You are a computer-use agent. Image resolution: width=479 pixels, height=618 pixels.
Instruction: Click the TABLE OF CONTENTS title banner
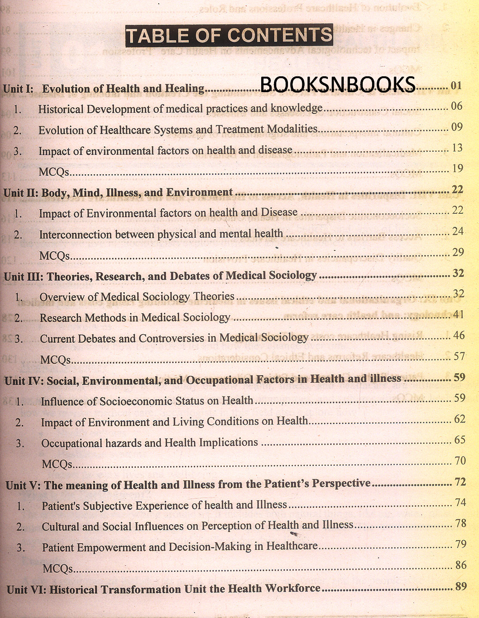(x=229, y=35)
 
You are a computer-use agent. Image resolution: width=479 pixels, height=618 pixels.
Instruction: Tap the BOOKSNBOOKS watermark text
(x=338, y=84)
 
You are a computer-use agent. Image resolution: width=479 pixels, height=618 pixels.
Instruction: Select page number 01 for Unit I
(x=456, y=85)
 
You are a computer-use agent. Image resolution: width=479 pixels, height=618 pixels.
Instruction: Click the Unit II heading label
(x=21, y=193)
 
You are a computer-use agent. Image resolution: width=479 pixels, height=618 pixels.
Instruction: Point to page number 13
(x=457, y=148)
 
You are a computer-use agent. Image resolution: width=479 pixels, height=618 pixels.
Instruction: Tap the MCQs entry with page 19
(x=54, y=172)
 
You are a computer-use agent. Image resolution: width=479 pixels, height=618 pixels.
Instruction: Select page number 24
(x=458, y=231)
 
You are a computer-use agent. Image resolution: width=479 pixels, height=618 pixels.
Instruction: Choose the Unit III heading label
(x=23, y=276)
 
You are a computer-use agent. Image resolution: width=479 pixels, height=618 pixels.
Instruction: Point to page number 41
(x=458, y=314)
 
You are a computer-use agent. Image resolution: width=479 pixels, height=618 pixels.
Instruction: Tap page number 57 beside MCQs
(x=459, y=356)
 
